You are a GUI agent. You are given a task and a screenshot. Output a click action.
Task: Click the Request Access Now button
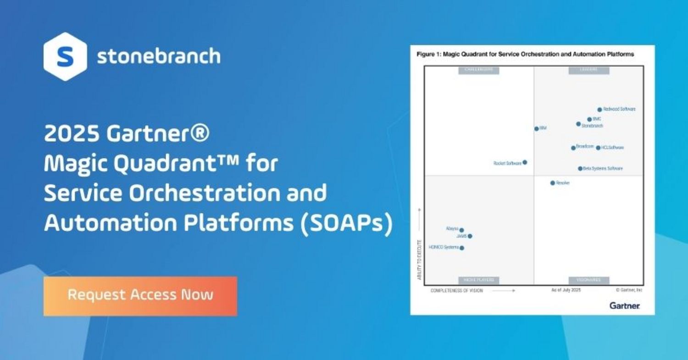(x=140, y=296)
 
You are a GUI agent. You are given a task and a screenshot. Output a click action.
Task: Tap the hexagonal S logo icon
(x=65, y=56)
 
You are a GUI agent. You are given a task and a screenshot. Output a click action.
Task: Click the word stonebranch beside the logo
(x=158, y=56)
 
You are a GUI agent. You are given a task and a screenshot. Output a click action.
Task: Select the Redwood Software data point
(x=599, y=110)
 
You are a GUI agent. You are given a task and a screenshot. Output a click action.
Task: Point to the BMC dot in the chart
(x=590, y=119)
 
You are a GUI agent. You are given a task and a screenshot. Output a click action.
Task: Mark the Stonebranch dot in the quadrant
(x=578, y=124)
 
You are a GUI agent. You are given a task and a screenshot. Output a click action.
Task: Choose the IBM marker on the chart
(x=537, y=129)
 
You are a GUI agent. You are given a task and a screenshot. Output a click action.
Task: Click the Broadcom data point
(x=573, y=148)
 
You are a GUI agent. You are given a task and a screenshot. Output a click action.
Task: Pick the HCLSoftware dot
(x=598, y=148)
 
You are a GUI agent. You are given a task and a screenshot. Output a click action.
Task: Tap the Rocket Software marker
(x=525, y=162)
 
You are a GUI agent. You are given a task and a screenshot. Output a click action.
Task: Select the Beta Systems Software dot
(x=580, y=169)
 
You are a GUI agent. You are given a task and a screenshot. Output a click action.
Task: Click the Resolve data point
(x=553, y=183)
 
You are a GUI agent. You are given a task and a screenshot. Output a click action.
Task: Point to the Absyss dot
(x=461, y=230)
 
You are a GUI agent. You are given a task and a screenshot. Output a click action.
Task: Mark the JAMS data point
(x=470, y=236)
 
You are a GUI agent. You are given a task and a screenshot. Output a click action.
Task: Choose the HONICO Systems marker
(x=462, y=248)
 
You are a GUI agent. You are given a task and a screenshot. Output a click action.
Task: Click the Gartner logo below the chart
(x=625, y=305)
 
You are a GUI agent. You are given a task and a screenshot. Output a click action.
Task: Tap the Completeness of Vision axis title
(x=456, y=291)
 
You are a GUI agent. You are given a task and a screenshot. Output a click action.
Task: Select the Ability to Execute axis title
(x=419, y=259)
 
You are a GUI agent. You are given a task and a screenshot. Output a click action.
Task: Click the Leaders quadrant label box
(x=589, y=70)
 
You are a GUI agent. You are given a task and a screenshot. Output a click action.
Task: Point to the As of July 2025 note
(x=566, y=290)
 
